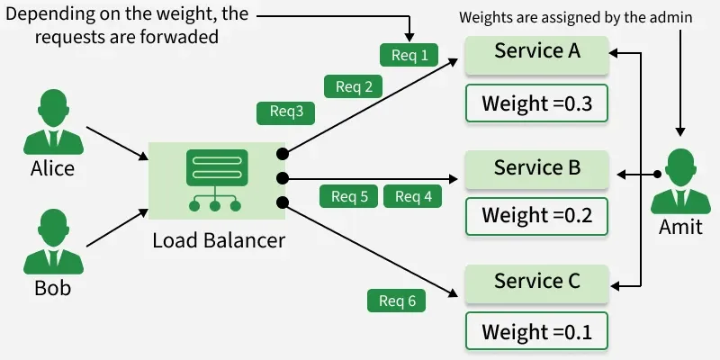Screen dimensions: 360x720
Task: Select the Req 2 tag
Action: (x=354, y=86)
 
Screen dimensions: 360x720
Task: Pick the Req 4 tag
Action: (x=413, y=196)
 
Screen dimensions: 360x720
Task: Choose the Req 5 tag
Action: (x=349, y=196)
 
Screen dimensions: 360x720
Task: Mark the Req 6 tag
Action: (x=397, y=301)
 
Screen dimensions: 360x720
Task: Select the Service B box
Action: (x=536, y=169)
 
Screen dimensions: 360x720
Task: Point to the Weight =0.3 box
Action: (x=536, y=103)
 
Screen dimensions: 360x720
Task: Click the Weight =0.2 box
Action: (x=536, y=216)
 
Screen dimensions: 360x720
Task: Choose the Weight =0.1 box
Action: (x=536, y=331)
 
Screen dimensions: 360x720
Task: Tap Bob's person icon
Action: (x=52, y=241)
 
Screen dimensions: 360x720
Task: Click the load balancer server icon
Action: (x=216, y=180)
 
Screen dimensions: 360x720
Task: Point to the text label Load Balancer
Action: (x=219, y=240)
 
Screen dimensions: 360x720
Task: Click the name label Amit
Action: (x=680, y=227)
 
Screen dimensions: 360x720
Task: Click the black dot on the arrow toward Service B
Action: (x=283, y=177)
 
